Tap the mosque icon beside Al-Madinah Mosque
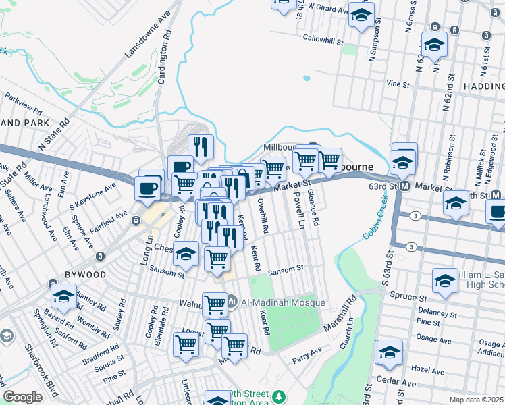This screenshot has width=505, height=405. coord(232,301)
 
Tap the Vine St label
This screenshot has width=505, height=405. coord(398,84)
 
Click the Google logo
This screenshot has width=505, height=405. coord(22,397)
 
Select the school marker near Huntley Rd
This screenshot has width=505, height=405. coord(63,295)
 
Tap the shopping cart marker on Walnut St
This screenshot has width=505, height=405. coord(215,304)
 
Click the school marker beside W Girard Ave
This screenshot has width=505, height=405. coord(361,13)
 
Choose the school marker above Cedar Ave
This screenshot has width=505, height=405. coord(390,352)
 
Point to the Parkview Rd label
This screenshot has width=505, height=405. coord(23,103)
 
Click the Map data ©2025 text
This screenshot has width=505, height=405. coord(476,400)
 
